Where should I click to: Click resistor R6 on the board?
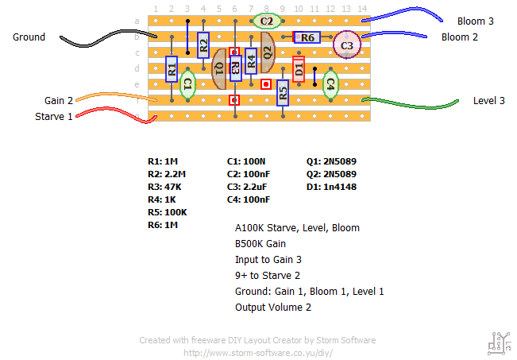pos(307,37)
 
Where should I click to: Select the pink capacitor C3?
pos(346,46)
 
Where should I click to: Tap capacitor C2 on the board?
pos(267,21)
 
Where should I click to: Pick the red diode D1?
pos(299,69)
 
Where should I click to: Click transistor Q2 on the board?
pos(267,52)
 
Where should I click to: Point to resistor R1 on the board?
pos(172,70)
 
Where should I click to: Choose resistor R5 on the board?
pos(283,93)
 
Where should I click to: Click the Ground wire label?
pos(29,37)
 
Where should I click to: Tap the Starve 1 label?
pos(54,117)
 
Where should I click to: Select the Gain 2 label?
pos(58,101)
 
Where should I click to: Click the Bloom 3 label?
pos(476,21)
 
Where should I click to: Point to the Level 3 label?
pos(489,101)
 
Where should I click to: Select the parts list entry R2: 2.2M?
pos(166,174)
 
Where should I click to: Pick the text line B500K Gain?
pos(260,244)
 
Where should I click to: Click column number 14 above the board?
pos(362,9)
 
